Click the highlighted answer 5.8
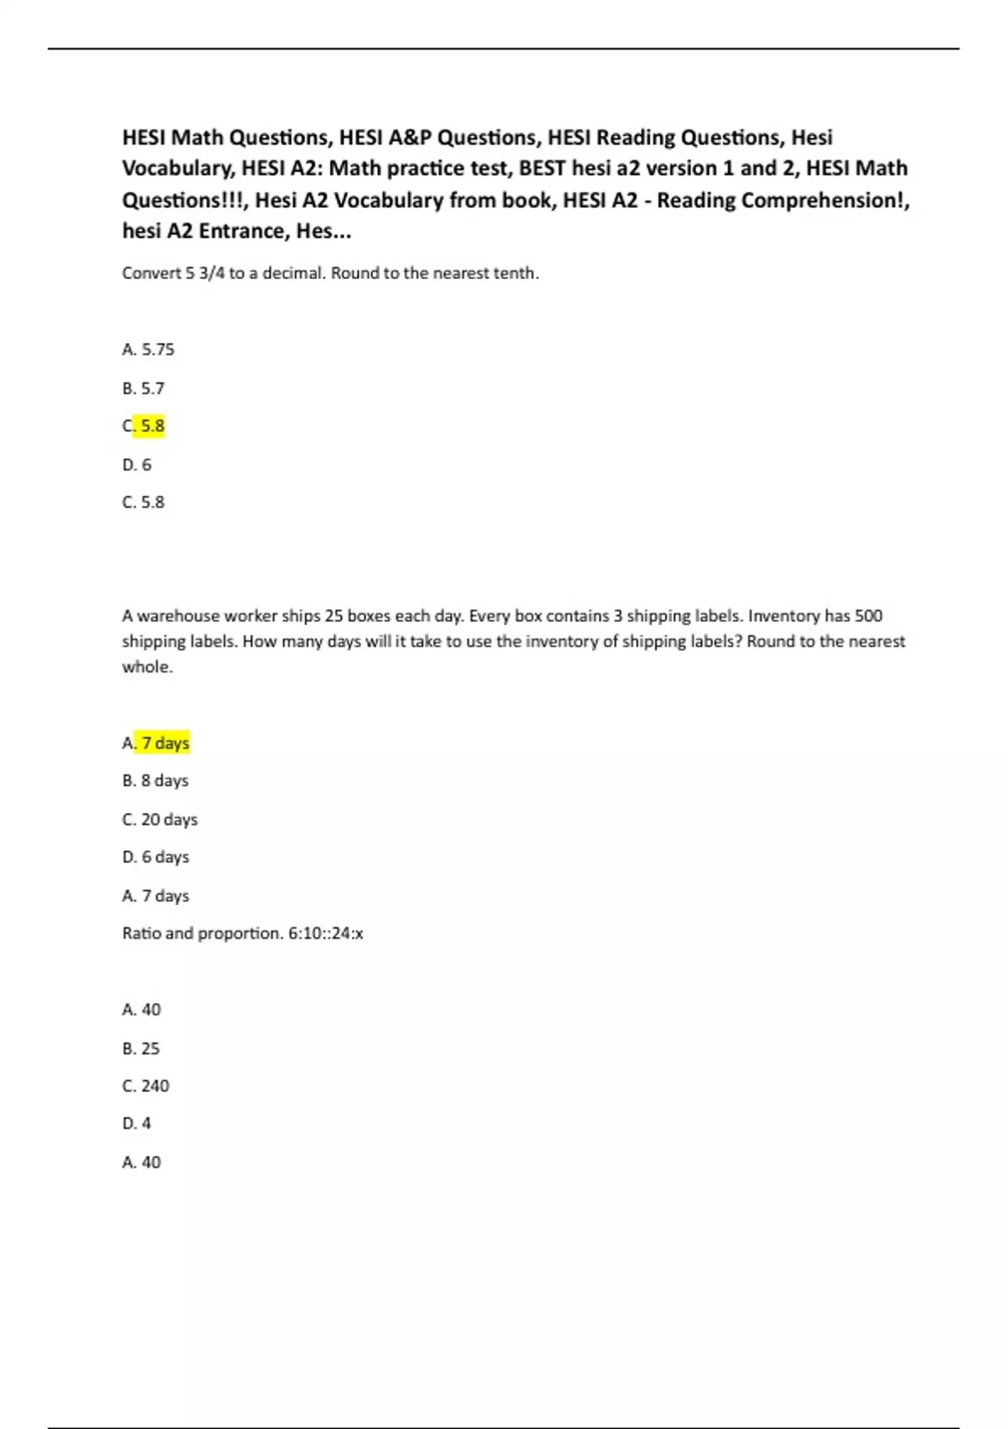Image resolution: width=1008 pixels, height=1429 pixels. (x=149, y=426)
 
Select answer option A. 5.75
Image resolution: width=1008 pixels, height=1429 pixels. (x=148, y=350)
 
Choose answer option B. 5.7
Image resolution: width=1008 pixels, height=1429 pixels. (x=143, y=388)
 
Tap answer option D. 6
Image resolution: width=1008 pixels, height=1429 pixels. (x=137, y=465)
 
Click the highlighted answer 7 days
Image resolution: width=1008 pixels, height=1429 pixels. (x=161, y=743)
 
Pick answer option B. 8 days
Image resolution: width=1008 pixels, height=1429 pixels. (x=155, y=781)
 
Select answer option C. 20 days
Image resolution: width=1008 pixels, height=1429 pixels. (x=160, y=820)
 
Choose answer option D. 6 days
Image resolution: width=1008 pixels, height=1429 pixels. (x=155, y=857)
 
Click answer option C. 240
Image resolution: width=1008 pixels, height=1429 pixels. (x=145, y=1086)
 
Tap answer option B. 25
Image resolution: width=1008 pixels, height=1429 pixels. (x=140, y=1049)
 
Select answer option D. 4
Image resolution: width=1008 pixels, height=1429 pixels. (x=136, y=1124)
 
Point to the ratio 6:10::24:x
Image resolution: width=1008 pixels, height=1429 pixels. (x=326, y=934)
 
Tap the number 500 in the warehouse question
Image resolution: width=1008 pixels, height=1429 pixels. (x=868, y=616)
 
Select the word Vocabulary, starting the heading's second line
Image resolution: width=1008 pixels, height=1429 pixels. (x=177, y=169)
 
